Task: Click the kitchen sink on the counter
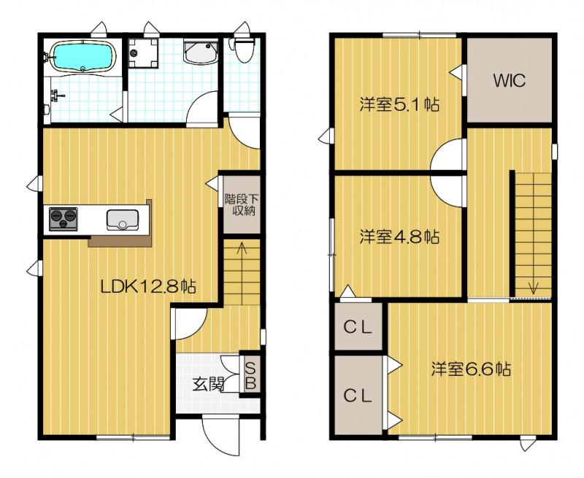(122, 219)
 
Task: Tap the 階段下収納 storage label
(238, 204)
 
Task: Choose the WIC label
(509, 81)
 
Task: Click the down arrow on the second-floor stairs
(533, 286)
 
